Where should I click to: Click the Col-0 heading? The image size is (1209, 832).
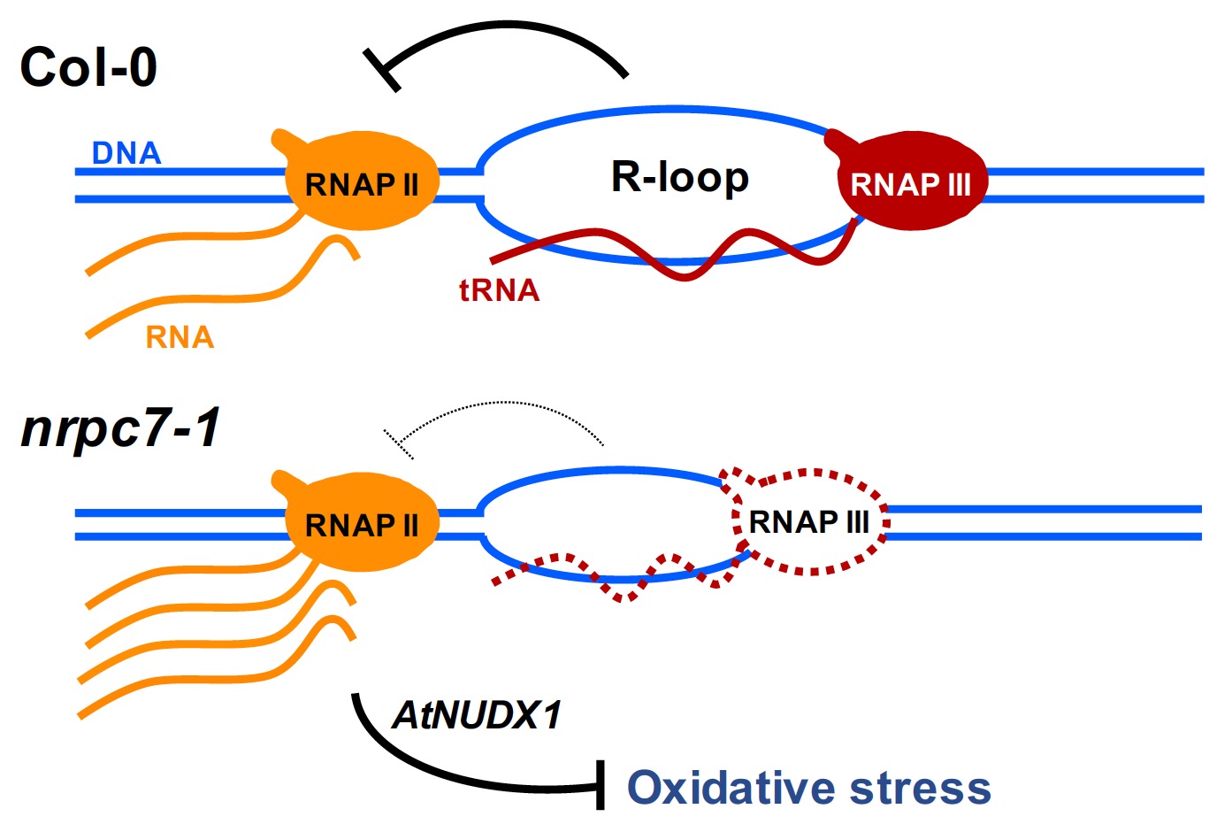88,68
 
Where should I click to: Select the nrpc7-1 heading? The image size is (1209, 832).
120,429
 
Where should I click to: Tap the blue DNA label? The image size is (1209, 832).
126,153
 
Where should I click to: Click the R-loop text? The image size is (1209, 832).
679,177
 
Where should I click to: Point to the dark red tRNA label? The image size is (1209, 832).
499,290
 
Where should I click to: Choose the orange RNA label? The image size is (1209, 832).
180,337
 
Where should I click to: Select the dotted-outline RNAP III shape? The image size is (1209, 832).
808,522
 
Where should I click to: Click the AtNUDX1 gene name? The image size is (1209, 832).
477,715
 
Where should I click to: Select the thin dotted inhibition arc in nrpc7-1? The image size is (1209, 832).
504,404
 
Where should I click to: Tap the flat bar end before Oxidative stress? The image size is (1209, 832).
601,784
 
